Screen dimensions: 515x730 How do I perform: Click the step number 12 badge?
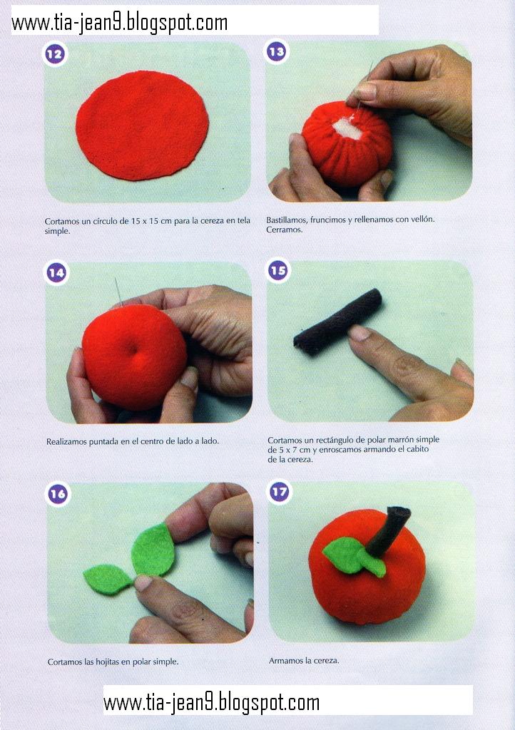(54, 54)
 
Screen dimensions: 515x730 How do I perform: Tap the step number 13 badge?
(277, 51)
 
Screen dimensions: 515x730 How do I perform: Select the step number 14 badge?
(56, 272)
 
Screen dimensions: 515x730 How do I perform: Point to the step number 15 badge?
(278, 270)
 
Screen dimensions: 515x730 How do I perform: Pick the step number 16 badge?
(58, 494)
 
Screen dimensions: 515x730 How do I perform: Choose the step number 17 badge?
(280, 492)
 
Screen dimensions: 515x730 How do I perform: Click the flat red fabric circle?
(142, 125)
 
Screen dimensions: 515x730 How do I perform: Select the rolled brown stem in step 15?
(338, 322)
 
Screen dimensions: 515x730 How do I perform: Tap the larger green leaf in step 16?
(153, 550)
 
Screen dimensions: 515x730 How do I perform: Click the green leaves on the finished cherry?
(354, 556)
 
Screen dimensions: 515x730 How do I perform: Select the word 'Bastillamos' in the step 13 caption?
(286, 220)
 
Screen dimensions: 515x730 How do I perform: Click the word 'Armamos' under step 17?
(285, 661)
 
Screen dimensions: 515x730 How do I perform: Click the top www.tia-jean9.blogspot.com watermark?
(120, 22)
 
